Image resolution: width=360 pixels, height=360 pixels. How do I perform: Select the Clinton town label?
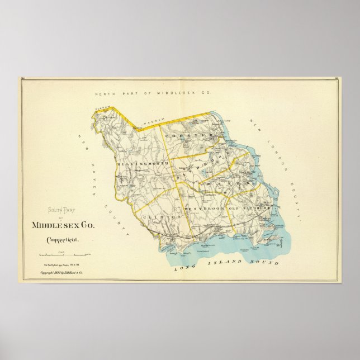(x=162, y=216)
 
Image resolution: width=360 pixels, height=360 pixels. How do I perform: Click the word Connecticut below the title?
(x=63, y=240)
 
